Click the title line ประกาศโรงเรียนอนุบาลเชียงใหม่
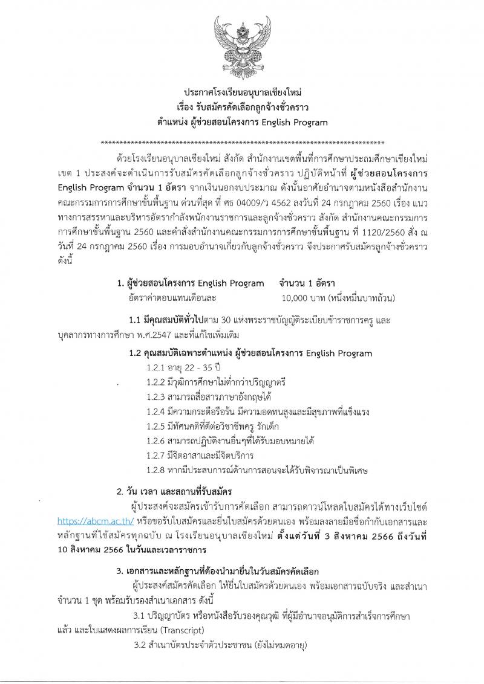[242, 94]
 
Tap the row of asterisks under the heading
[242, 143]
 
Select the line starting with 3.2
[221, 646]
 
